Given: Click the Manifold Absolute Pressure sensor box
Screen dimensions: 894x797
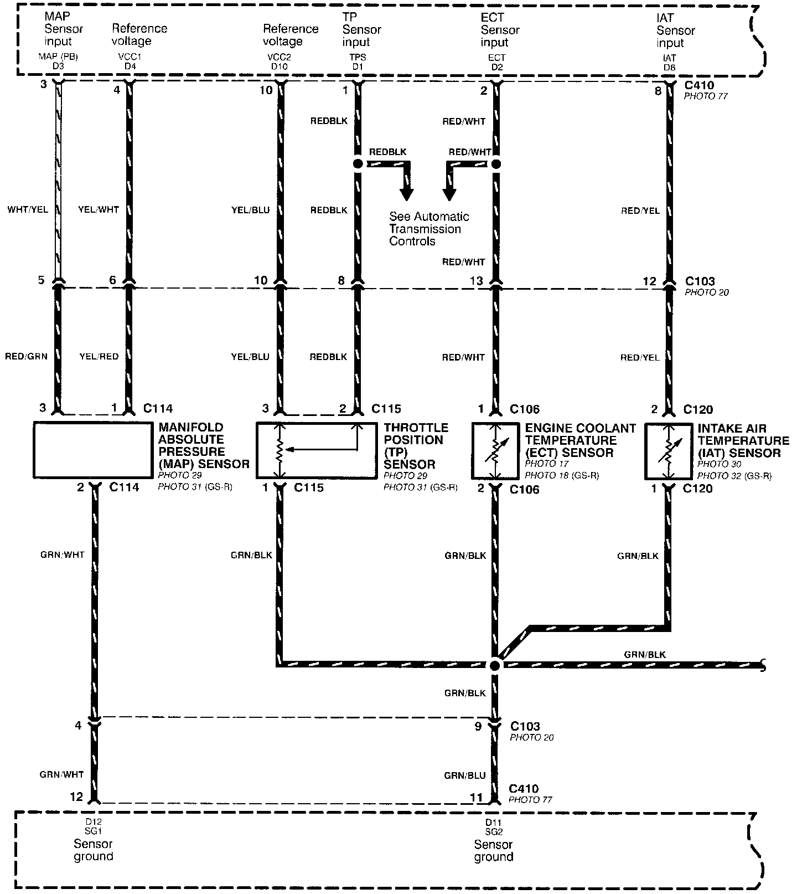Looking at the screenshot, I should click(x=93, y=450).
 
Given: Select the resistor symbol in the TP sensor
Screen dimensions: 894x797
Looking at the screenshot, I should click(x=281, y=450).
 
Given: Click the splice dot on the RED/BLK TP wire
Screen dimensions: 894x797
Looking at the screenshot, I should click(x=358, y=164).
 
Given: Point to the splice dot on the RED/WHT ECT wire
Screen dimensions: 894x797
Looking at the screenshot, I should click(x=496, y=164).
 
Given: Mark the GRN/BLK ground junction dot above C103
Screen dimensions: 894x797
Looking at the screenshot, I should click(x=495, y=665).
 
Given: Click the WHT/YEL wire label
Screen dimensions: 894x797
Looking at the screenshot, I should click(x=28, y=210).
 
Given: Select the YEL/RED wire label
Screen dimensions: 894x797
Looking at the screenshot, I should click(x=99, y=356).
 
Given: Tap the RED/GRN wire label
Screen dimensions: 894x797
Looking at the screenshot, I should click(x=26, y=356).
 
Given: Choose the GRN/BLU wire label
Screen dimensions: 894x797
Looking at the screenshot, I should click(x=465, y=775).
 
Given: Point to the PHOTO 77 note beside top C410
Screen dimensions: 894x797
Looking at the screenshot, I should click(x=706, y=96).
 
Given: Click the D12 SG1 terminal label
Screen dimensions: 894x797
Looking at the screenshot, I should click(x=93, y=826).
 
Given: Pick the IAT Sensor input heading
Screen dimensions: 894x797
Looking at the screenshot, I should click(x=675, y=30).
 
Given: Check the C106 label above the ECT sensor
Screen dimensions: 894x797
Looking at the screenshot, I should click(x=524, y=409).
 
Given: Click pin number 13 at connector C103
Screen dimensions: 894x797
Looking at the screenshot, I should click(x=476, y=281).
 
